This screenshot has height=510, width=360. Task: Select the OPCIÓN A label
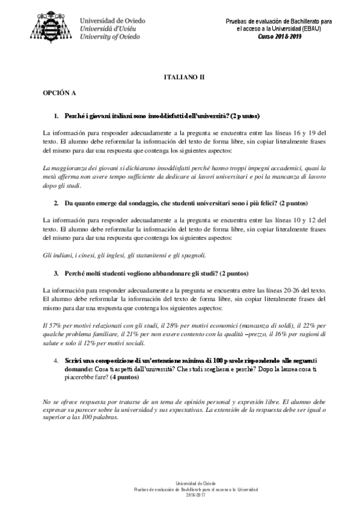[x=59, y=94]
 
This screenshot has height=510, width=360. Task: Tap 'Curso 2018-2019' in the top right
[x=280, y=36]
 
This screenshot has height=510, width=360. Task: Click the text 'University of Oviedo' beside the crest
[x=110, y=36]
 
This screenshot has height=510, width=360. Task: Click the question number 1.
[x=56, y=115]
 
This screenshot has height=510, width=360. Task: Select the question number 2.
[x=56, y=204]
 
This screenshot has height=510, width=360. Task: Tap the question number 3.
[x=56, y=272]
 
